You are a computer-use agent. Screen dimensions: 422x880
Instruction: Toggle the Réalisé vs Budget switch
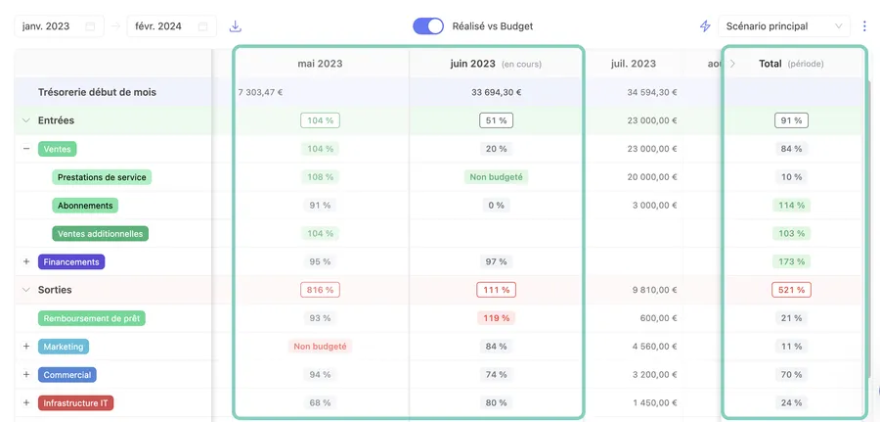428,26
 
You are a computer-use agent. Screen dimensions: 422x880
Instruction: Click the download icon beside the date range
236,26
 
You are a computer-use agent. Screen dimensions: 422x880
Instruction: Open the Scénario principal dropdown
783,26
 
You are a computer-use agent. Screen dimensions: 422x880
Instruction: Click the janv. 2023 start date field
59,26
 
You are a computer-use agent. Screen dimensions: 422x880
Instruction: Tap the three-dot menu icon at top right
864,26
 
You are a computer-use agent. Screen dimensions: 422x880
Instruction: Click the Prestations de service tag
102,177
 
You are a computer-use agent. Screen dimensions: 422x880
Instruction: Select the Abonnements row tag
85,206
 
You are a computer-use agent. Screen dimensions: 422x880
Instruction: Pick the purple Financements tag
71,262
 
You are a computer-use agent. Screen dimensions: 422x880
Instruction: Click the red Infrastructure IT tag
77,403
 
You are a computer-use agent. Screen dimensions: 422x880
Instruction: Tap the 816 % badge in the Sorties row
319,291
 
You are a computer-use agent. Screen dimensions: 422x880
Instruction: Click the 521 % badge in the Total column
791,291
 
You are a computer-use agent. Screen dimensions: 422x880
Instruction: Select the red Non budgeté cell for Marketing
320,347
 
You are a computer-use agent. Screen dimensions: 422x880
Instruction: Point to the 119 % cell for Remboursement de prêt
496,318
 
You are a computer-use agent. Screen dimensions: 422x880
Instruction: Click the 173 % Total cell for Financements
791,262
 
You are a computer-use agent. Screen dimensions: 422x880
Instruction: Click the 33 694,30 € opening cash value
496,93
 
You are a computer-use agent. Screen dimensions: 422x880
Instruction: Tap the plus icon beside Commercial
26,375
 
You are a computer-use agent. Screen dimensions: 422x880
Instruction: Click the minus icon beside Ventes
26,149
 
